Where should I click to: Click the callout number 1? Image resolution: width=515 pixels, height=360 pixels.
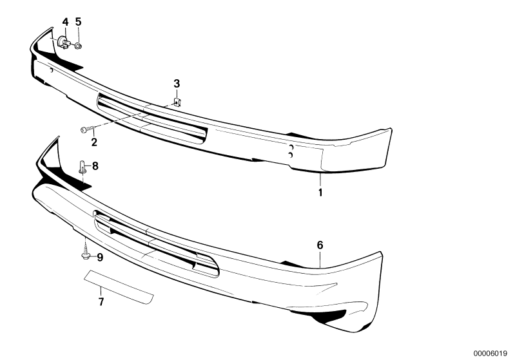(x=320, y=192)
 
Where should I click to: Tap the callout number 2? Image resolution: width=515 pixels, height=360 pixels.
(x=94, y=142)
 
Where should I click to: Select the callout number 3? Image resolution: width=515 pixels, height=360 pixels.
(x=177, y=84)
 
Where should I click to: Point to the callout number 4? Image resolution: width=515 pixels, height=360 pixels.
(x=65, y=22)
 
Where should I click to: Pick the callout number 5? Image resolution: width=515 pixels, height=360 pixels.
(x=78, y=22)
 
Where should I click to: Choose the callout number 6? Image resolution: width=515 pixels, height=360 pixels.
(x=320, y=245)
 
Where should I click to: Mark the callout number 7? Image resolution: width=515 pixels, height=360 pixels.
(x=101, y=300)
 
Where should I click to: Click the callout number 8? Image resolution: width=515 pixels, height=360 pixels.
(x=95, y=166)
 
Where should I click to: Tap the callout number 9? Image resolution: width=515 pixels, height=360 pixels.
(x=99, y=258)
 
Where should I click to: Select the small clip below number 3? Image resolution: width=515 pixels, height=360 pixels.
(x=179, y=102)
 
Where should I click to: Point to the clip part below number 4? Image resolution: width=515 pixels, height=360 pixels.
(x=63, y=43)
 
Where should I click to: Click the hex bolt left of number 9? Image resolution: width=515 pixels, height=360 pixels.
(x=86, y=256)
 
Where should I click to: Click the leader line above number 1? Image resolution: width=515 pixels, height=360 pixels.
(x=320, y=180)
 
